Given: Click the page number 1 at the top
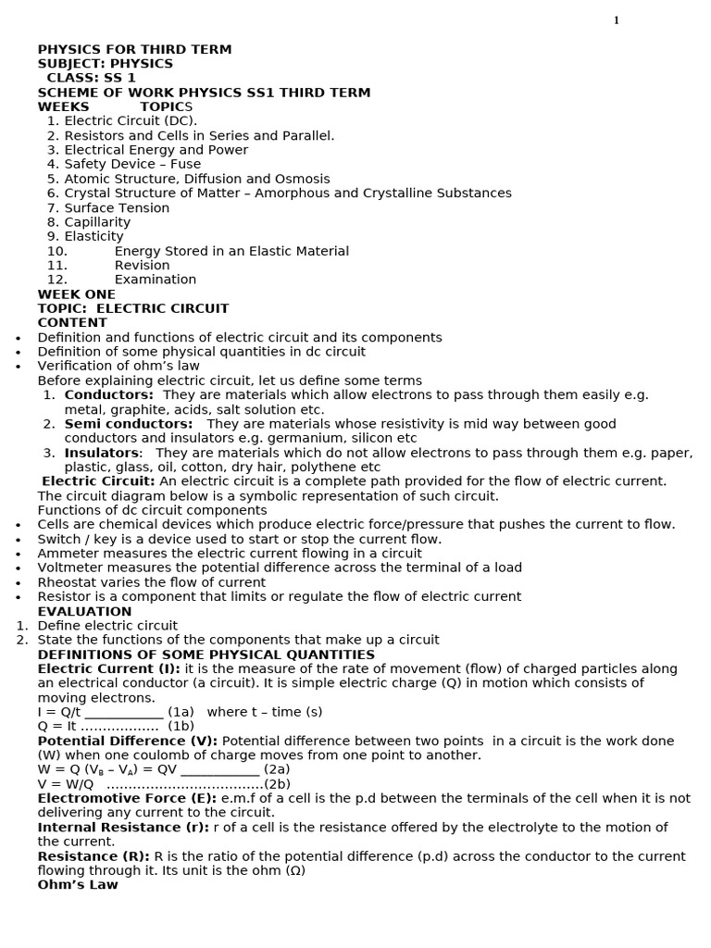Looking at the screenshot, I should tap(616, 20).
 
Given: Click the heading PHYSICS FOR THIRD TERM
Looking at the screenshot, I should tap(134, 50).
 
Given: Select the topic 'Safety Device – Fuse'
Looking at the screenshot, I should tap(132, 165).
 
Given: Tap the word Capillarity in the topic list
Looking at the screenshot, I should tap(97, 222).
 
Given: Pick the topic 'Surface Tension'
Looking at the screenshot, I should tap(117, 208).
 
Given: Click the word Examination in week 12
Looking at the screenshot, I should tap(156, 280).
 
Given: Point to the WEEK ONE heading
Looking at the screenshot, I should tap(77, 294).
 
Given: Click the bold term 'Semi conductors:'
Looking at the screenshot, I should tap(129, 424).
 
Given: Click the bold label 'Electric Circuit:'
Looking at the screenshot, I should tap(99, 481).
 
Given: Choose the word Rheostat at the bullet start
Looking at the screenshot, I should tap(69, 582).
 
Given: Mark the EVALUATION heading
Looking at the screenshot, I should tap(84, 612).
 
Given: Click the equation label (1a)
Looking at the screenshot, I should tap(181, 712).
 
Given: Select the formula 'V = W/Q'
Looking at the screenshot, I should tap(66, 784).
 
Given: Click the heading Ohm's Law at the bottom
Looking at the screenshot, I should tap(78, 885).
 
